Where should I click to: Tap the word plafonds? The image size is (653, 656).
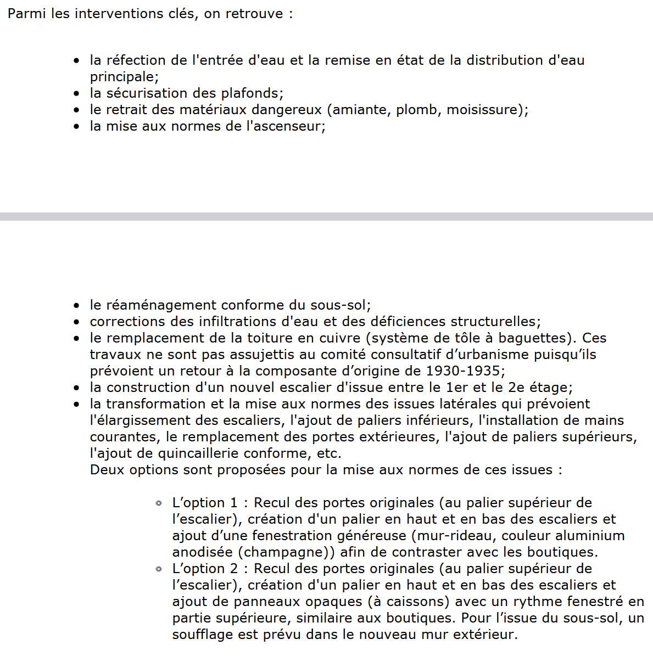tap(252, 93)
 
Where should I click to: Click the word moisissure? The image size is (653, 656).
tap(482, 110)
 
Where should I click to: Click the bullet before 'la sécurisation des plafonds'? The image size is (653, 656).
tap(77, 94)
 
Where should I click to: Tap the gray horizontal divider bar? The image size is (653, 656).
tap(326, 216)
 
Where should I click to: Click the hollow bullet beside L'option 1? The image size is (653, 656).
tap(159, 503)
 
